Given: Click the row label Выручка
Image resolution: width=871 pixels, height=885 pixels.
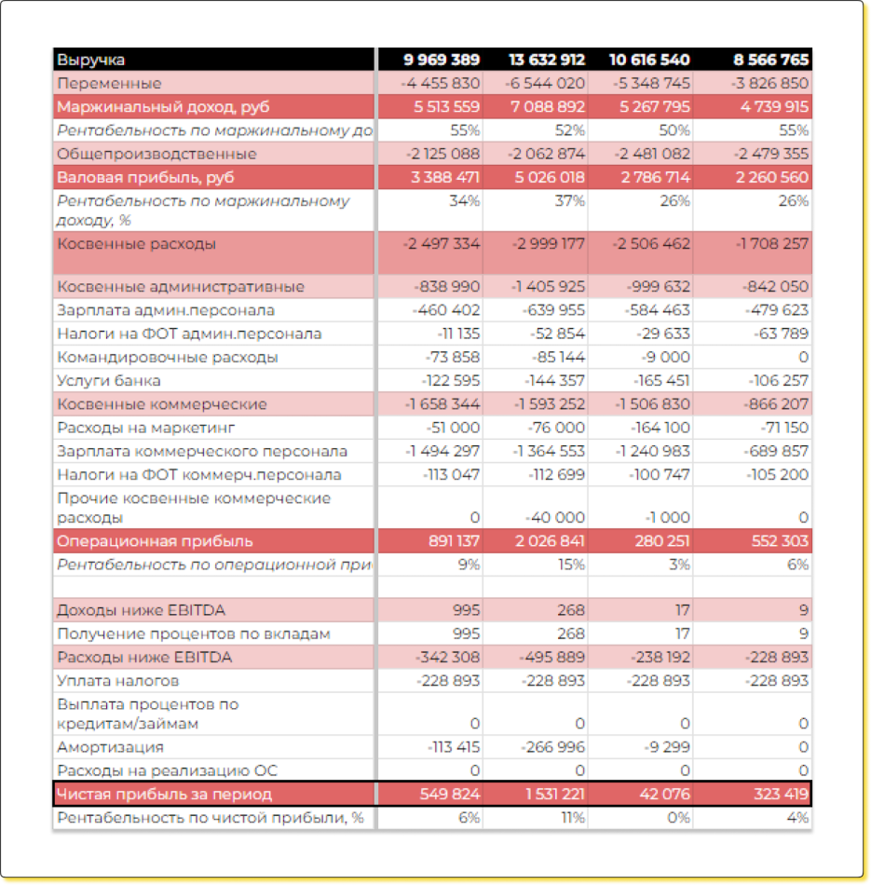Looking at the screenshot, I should (x=91, y=60).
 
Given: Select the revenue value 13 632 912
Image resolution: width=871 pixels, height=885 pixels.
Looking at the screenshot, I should (x=547, y=60).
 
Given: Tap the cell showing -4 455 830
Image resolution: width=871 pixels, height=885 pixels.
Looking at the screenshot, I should (x=442, y=83).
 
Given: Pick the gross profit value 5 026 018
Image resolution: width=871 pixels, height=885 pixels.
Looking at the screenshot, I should (x=547, y=177).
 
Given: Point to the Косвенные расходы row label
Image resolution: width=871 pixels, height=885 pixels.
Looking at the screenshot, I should (x=137, y=244).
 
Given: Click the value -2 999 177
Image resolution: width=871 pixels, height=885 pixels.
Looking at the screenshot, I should (x=549, y=244).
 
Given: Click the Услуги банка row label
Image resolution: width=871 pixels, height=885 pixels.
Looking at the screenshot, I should (x=109, y=380).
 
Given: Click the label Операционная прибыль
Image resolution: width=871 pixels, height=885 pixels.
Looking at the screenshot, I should (x=155, y=541).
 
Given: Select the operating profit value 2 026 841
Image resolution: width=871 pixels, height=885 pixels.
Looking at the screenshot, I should (x=547, y=541).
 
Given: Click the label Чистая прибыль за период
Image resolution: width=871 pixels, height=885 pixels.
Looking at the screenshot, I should (x=165, y=794).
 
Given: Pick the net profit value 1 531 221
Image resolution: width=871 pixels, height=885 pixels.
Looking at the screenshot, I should (x=549, y=794).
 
